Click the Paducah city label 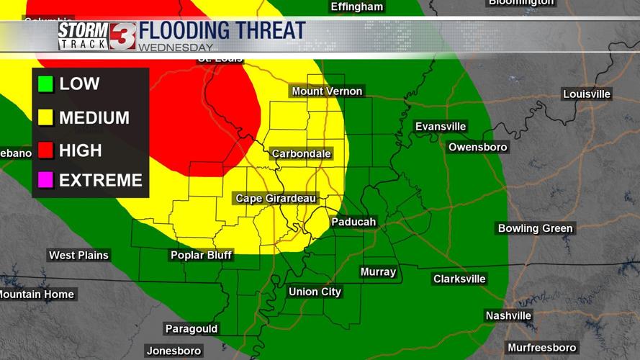[353, 222]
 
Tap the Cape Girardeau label [276, 198]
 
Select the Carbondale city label [301, 153]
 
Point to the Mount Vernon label [327, 91]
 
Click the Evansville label [441, 127]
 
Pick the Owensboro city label [477, 147]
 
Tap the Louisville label [587, 94]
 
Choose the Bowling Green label [535, 228]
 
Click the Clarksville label [459, 279]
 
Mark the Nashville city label [508, 315]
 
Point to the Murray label [378, 271]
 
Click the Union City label [315, 292]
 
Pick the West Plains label [78, 255]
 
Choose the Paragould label [191, 329]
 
